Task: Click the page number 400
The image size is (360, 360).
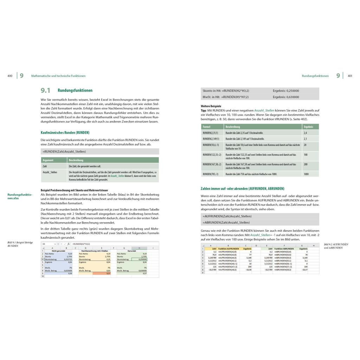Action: click(x=10, y=76)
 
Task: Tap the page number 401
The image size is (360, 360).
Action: click(x=350, y=76)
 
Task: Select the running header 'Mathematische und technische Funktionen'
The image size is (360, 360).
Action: click(x=58, y=76)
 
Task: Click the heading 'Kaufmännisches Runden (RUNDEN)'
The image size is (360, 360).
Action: click(x=65, y=133)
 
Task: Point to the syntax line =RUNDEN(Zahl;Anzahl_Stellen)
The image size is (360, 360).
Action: click(x=64, y=152)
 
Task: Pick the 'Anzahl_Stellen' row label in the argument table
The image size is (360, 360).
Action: click(x=50, y=172)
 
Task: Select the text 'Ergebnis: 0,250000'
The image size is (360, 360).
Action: click(x=286, y=91)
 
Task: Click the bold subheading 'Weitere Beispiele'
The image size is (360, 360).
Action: click(x=211, y=106)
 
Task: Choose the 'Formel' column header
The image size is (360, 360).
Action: click(x=207, y=126)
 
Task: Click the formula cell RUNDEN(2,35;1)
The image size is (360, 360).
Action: click(x=211, y=133)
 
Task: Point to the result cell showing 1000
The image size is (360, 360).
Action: click(x=306, y=174)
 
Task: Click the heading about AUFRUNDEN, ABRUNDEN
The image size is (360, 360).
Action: click(x=243, y=188)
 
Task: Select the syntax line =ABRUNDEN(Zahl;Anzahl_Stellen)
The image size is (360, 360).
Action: click(x=227, y=223)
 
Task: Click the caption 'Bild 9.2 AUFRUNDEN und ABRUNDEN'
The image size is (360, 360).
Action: click(x=336, y=246)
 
